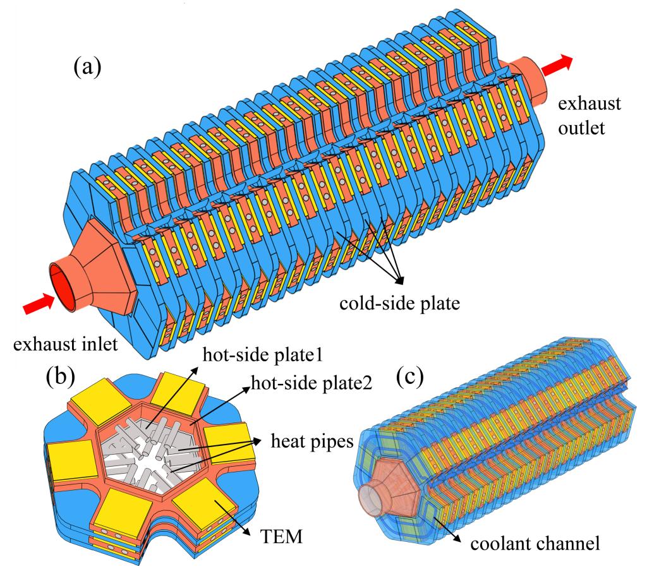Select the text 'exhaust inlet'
(70, 345)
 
